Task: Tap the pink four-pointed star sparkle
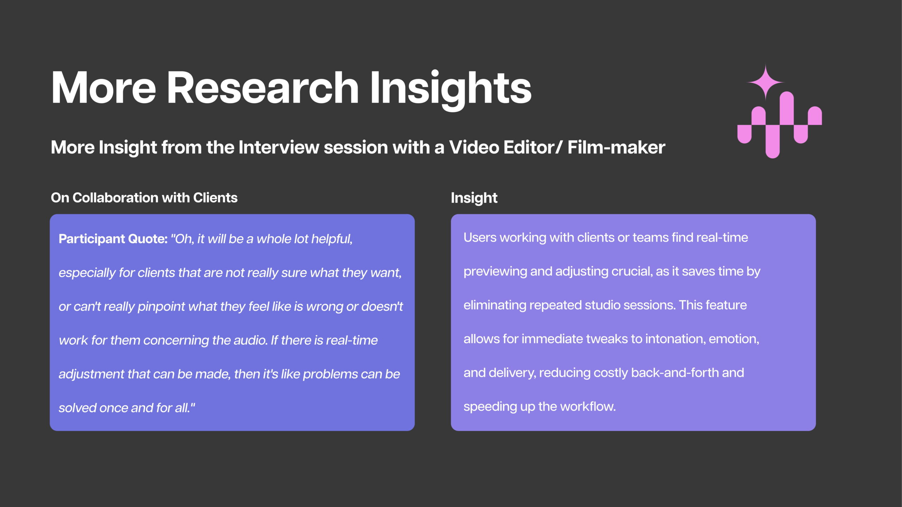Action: coord(765,82)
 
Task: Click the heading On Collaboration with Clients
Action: coord(144,198)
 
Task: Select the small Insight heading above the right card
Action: coord(474,198)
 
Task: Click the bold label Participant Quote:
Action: coord(113,239)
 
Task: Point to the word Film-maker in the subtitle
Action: coord(616,147)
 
